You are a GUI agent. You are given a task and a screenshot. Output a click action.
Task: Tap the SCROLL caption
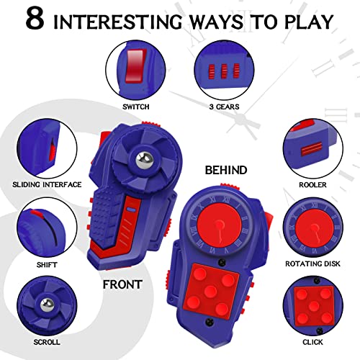(45, 341)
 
